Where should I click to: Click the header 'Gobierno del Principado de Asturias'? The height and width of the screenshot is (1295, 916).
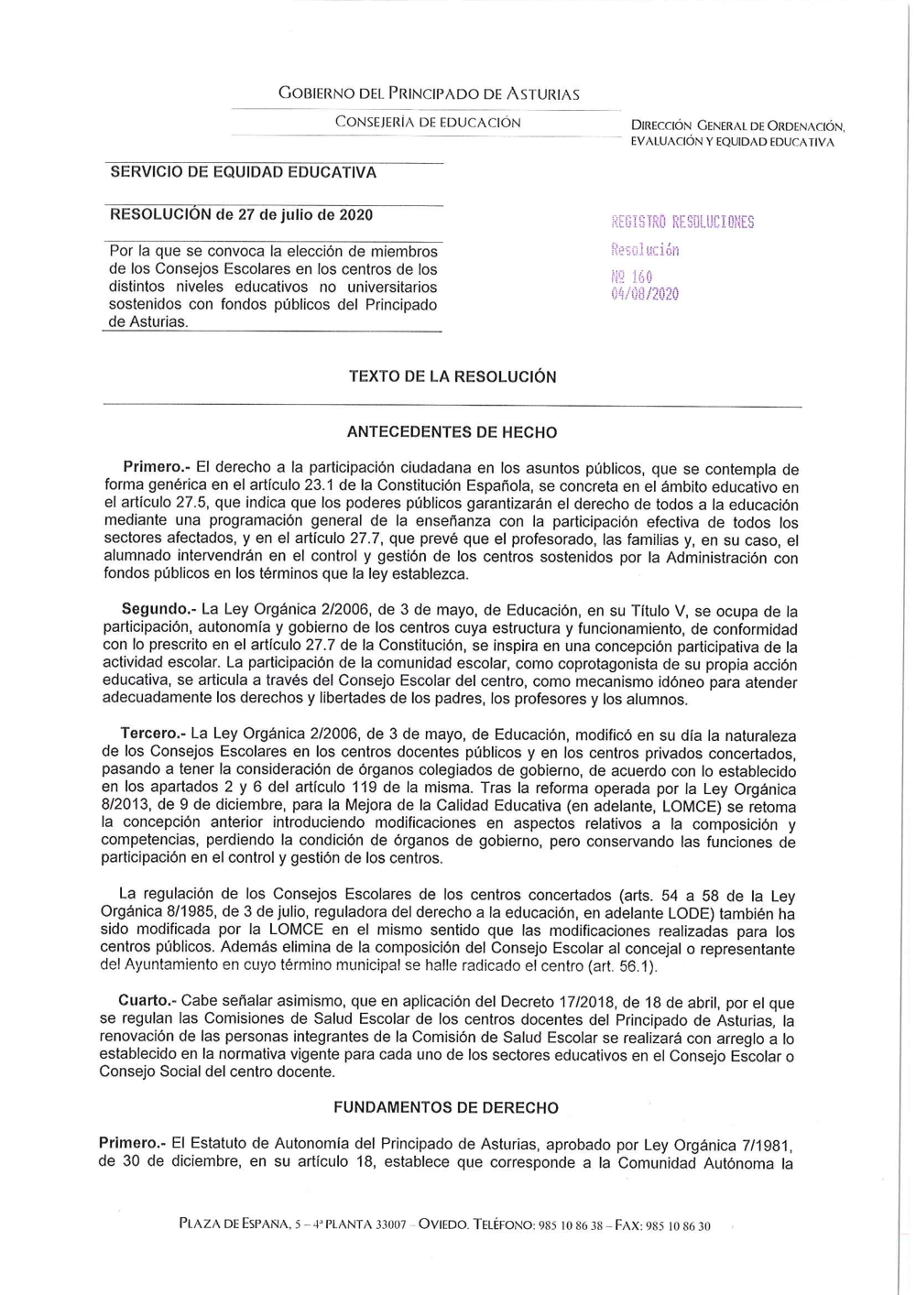429,93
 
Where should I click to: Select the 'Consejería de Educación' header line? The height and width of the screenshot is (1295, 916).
428,122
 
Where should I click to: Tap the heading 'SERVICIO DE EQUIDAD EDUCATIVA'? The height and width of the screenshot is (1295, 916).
243,172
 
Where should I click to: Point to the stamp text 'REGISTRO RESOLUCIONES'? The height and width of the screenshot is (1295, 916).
682,222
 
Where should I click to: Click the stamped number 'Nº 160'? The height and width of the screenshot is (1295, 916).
631,276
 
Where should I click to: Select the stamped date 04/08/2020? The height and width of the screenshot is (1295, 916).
645,294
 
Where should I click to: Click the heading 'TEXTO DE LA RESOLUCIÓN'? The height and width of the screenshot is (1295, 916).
453,376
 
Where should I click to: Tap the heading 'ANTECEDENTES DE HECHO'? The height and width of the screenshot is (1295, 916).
453,432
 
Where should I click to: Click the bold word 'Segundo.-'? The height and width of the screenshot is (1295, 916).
158,610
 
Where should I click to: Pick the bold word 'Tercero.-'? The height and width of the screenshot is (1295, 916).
153,735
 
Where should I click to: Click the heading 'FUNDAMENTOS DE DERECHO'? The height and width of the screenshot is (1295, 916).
446,1107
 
